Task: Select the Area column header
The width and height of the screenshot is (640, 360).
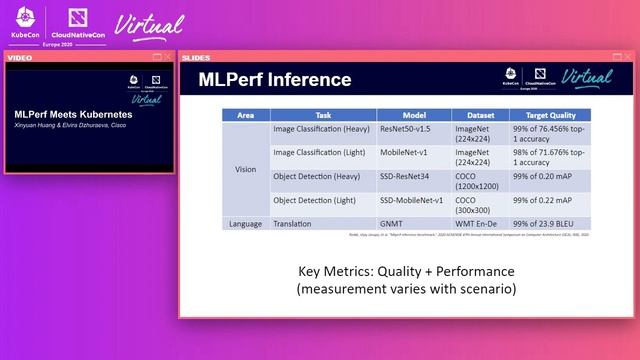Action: [245, 115]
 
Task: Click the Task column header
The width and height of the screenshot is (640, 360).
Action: [322, 115]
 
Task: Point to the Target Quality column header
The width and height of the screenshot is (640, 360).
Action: [550, 115]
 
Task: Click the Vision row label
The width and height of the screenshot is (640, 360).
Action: [245, 169]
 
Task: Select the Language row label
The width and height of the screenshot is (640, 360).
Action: [245, 223]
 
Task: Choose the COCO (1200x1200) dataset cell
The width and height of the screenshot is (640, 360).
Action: [479, 181]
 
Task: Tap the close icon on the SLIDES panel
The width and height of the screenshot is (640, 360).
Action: [629, 57]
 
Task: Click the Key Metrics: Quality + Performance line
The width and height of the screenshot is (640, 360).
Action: [405, 272]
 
